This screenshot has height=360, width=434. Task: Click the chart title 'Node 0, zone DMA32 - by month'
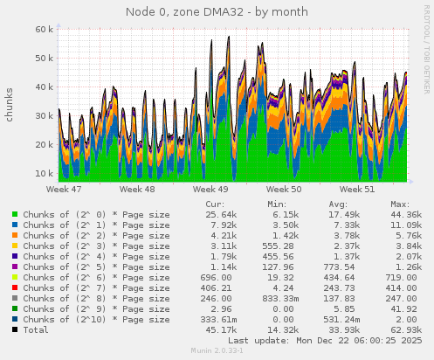coord(217,12)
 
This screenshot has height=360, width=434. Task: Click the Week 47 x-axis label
coord(64,189)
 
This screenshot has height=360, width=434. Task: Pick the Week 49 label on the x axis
coord(210,189)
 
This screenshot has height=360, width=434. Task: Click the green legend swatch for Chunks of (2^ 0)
coord(16,214)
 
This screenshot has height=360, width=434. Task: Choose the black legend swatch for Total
coord(16,329)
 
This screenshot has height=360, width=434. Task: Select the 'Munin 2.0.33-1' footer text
coord(217,350)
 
